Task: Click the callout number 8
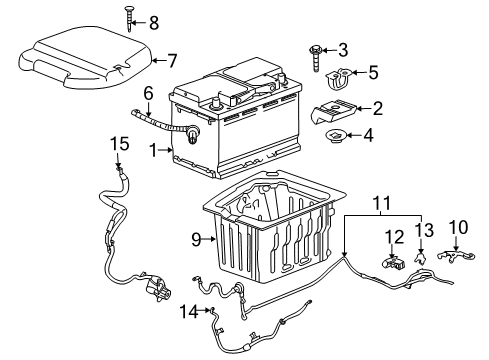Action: pos(153,21)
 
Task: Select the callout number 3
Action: pos(343,49)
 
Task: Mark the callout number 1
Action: pos(153,152)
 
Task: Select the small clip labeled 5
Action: pos(342,75)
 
